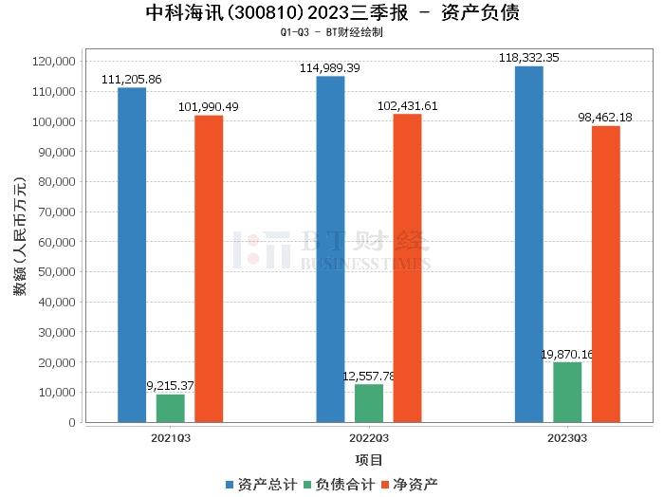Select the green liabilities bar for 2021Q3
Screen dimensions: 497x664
171,408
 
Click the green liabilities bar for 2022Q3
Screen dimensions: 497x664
369,403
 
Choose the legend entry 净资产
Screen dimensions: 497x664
408,484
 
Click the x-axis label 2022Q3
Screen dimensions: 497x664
369,438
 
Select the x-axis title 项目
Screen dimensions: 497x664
369,460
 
